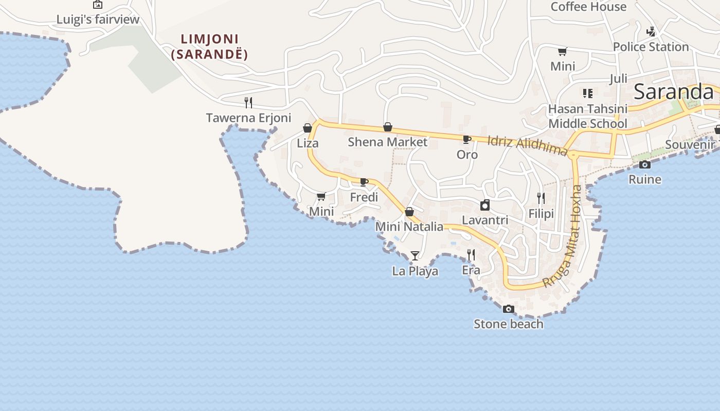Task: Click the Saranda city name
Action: click(x=673, y=92)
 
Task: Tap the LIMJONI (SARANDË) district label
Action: click(x=209, y=47)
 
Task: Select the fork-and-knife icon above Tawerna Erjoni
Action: click(x=248, y=102)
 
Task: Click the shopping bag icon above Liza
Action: click(x=308, y=128)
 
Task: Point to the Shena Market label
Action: click(x=387, y=142)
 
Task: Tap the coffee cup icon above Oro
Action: click(x=467, y=139)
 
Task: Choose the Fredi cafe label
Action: click(x=364, y=197)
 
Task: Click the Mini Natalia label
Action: click(x=409, y=227)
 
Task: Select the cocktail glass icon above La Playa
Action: click(x=415, y=255)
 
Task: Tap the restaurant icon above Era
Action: click(x=471, y=254)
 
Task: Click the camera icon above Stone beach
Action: click(x=509, y=309)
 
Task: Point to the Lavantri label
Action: click(x=485, y=220)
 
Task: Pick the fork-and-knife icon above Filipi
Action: click(x=541, y=198)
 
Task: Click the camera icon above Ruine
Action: click(x=645, y=164)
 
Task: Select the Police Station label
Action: click(x=651, y=47)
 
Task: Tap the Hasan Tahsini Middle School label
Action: click(x=588, y=116)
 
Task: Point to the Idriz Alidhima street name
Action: click(x=527, y=145)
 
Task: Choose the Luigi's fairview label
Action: click(x=98, y=20)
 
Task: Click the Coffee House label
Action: click(x=588, y=7)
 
